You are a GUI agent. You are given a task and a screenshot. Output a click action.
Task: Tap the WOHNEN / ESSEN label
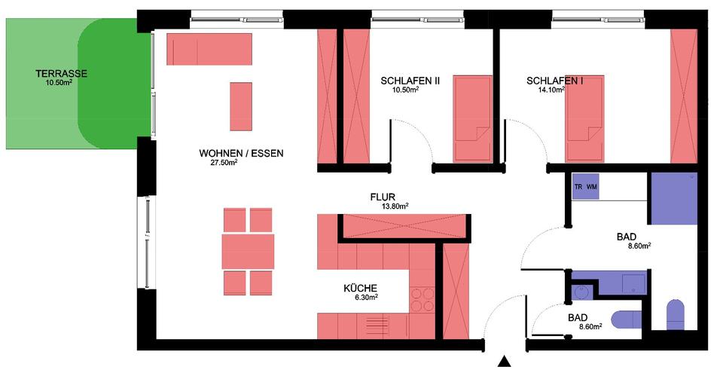coord(241,153)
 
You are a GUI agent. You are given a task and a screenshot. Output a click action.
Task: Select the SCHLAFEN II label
coord(410,81)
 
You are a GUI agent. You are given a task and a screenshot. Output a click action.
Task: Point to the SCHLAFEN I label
coord(555,81)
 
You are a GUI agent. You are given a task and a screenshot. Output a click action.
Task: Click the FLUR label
coord(383,197)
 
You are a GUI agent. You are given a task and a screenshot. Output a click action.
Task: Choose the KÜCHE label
coord(360,288)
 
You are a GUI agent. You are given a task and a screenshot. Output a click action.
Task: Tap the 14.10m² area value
coord(551,90)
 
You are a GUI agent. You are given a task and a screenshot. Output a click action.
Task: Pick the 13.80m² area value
coord(395,206)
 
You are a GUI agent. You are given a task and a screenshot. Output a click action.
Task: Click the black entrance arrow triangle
coord(505,362)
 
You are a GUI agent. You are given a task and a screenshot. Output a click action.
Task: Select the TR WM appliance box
coord(586,186)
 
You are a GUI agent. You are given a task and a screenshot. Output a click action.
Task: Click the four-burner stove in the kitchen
coord(423,299)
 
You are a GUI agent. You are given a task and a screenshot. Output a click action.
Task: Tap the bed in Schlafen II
coord(472,119)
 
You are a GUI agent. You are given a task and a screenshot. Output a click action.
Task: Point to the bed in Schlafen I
coord(584,119)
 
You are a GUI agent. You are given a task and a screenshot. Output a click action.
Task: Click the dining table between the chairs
coord(248,252)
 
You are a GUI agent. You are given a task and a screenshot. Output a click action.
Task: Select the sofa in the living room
coord(209,49)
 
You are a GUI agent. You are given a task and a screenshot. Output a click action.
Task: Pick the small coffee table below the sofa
coord(241,106)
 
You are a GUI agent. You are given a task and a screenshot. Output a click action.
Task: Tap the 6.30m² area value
coord(366,298)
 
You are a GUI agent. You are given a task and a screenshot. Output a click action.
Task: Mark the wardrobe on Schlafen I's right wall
coord(683,96)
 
